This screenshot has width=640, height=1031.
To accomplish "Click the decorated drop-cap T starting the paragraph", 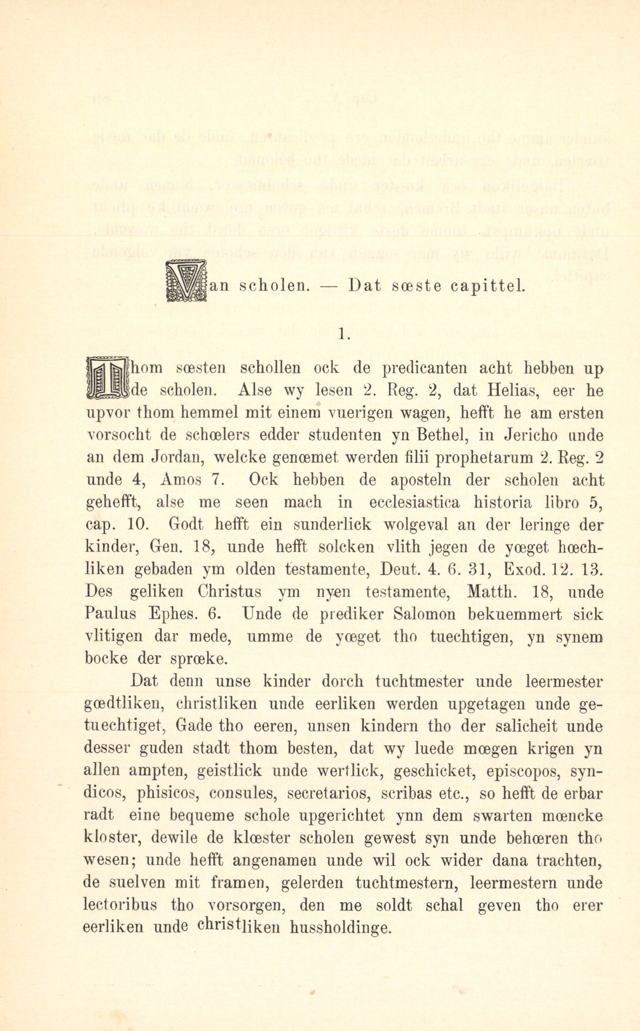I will click(x=107, y=378).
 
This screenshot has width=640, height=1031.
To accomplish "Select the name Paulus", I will click(x=111, y=614).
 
